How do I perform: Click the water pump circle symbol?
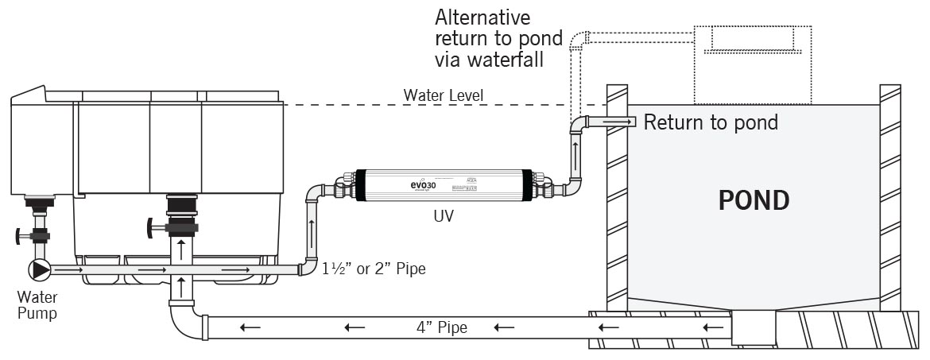pyautogui.click(x=40, y=269)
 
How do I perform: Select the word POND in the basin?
pyautogui.click(x=754, y=200)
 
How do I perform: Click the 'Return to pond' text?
pyautogui.click(x=710, y=123)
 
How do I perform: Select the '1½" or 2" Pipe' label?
pyautogui.click(x=373, y=269)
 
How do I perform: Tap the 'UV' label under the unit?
pyautogui.click(x=443, y=215)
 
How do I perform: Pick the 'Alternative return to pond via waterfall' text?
pyautogui.click(x=498, y=38)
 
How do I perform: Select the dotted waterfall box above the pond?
pyautogui.click(x=752, y=64)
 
